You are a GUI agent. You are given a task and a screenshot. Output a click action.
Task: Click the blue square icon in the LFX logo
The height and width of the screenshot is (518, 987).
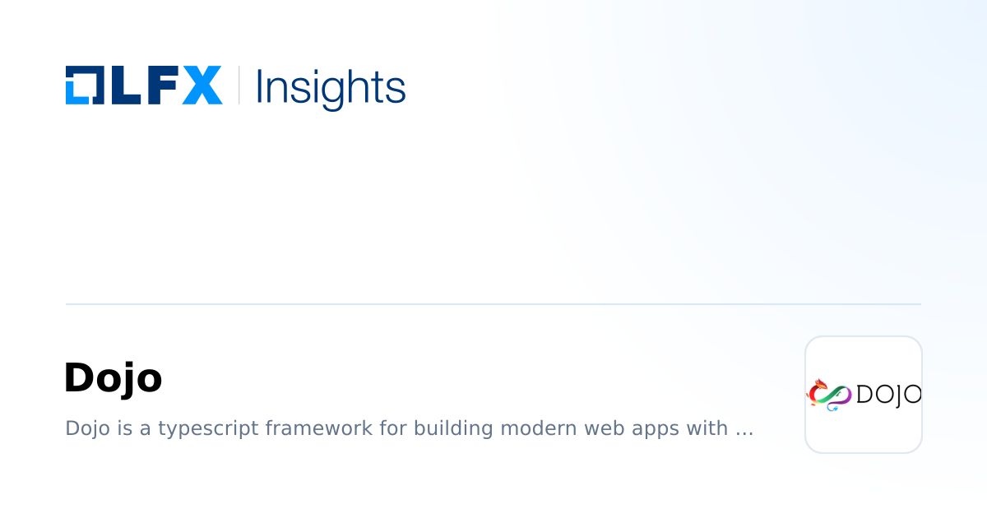85,85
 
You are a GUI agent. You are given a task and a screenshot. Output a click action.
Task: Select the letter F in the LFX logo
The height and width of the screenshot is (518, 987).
161,85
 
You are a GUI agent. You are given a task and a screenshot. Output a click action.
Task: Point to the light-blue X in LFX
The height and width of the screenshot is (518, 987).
202,85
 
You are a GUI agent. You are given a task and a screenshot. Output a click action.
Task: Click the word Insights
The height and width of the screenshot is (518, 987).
331,86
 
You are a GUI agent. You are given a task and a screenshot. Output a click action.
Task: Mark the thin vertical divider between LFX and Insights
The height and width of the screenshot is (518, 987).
239,85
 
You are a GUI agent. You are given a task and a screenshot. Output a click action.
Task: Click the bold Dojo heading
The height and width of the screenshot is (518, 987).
113,378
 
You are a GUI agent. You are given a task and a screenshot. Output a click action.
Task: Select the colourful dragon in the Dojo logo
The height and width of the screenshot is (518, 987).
829,395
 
